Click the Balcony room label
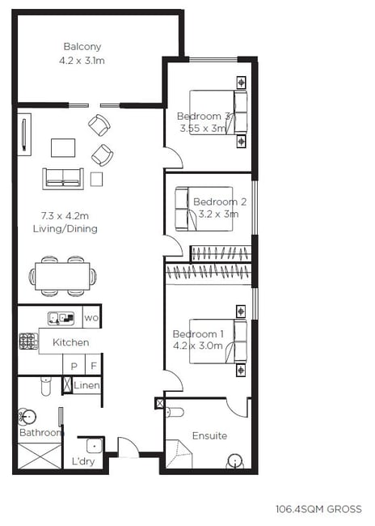point(82,47)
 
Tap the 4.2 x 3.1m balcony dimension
point(82,61)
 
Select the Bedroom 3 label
point(204,117)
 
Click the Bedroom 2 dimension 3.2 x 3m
point(218,214)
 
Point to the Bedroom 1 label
point(198,334)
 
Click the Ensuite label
point(210,435)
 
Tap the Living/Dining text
point(65,229)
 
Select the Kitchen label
point(71,342)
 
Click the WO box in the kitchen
point(91,317)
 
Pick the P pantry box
point(74,364)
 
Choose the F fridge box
point(94,364)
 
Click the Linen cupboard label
point(86,385)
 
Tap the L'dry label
point(83,461)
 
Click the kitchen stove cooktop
point(28,341)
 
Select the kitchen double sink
point(61,318)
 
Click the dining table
point(63,276)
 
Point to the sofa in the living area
point(63,179)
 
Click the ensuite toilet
point(175,412)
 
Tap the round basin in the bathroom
point(27,417)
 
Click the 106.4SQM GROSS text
point(318,509)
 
